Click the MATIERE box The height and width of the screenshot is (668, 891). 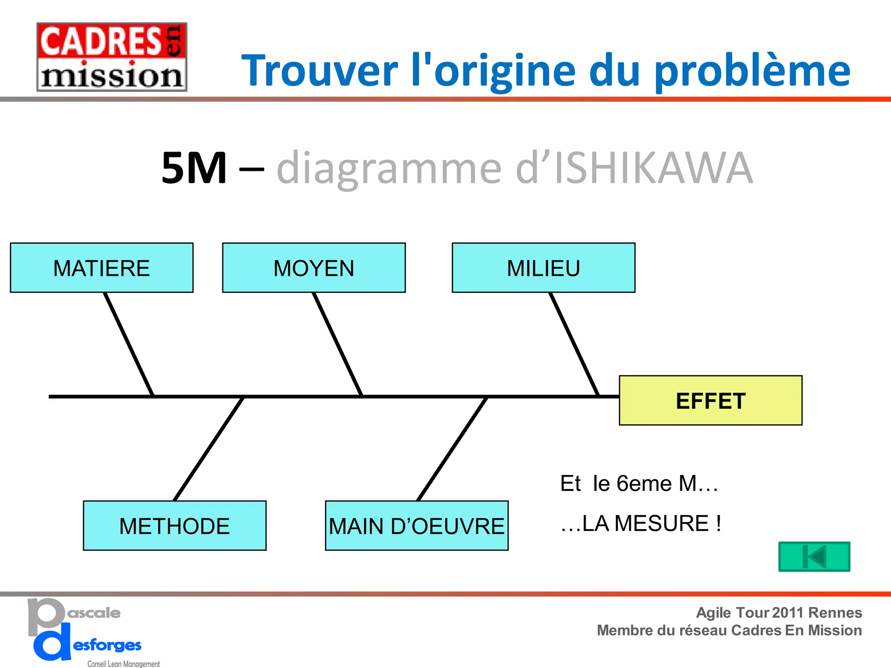[x=101, y=268]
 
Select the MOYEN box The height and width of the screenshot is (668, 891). [x=314, y=268]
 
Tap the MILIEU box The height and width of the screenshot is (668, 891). [x=543, y=268]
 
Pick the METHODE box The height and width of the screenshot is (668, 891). [x=174, y=526]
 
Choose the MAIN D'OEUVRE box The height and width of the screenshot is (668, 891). [x=416, y=526]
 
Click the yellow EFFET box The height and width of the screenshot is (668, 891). [x=710, y=401]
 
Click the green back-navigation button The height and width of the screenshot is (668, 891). [x=814, y=557]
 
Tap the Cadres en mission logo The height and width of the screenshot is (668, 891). [x=112, y=57]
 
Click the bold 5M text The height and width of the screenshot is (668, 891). [x=194, y=168]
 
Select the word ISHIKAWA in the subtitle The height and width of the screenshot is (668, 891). [x=653, y=168]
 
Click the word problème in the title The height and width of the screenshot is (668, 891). [x=752, y=71]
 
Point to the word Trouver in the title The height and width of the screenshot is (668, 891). [x=320, y=71]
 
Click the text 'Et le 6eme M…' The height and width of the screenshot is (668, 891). [x=639, y=484]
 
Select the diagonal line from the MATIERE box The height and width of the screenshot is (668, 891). [x=128, y=344]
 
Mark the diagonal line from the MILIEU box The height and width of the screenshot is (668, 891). [x=574, y=344]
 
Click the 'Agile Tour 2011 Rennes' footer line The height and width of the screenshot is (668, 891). [x=779, y=612]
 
